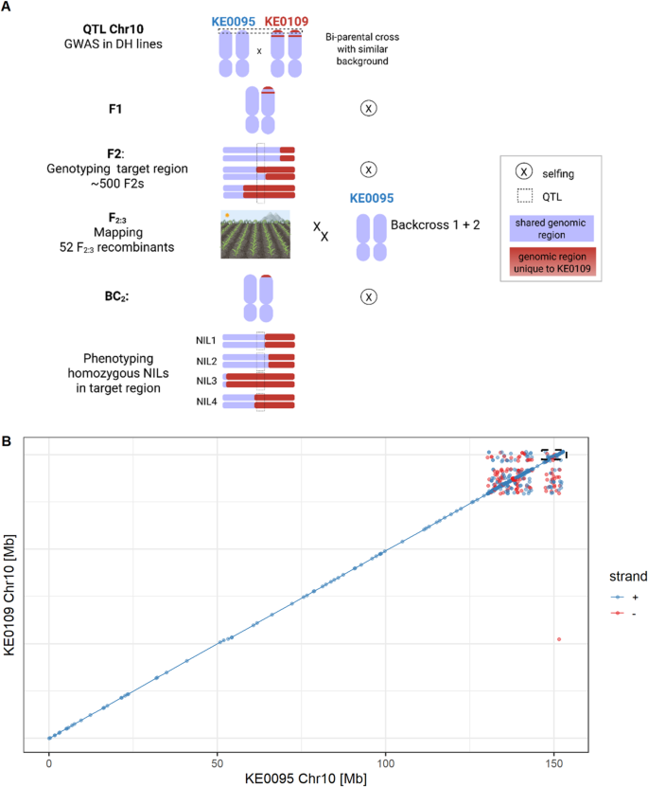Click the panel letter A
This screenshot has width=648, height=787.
click(8, 7)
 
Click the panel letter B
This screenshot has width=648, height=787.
click(8, 441)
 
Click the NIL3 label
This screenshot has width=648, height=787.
click(207, 380)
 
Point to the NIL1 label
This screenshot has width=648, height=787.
click(207, 339)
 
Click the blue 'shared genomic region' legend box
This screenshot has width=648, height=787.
click(552, 224)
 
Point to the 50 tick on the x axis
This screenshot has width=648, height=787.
click(218, 761)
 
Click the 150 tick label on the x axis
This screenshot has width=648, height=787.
click(554, 761)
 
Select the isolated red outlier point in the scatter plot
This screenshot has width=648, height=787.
click(559, 639)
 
